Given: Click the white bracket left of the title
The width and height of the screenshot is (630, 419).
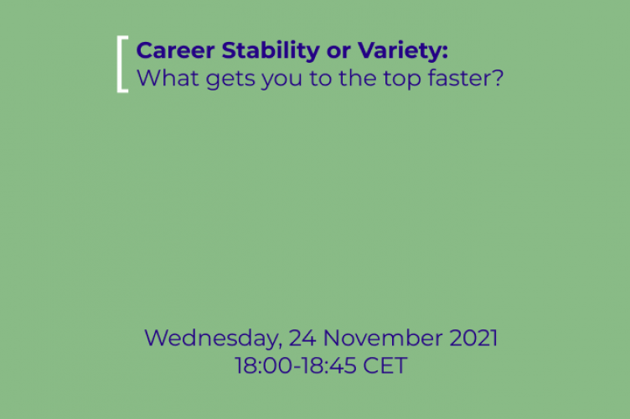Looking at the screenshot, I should click(x=123, y=65).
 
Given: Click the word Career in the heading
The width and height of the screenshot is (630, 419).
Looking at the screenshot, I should click(x=168, y=51).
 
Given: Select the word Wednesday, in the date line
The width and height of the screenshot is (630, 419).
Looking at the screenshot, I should click(x=212, y=339).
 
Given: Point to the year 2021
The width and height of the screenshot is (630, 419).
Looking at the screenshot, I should click(x=473, y=339).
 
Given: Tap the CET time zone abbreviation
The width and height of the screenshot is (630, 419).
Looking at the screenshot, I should click(x=385, y=366).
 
